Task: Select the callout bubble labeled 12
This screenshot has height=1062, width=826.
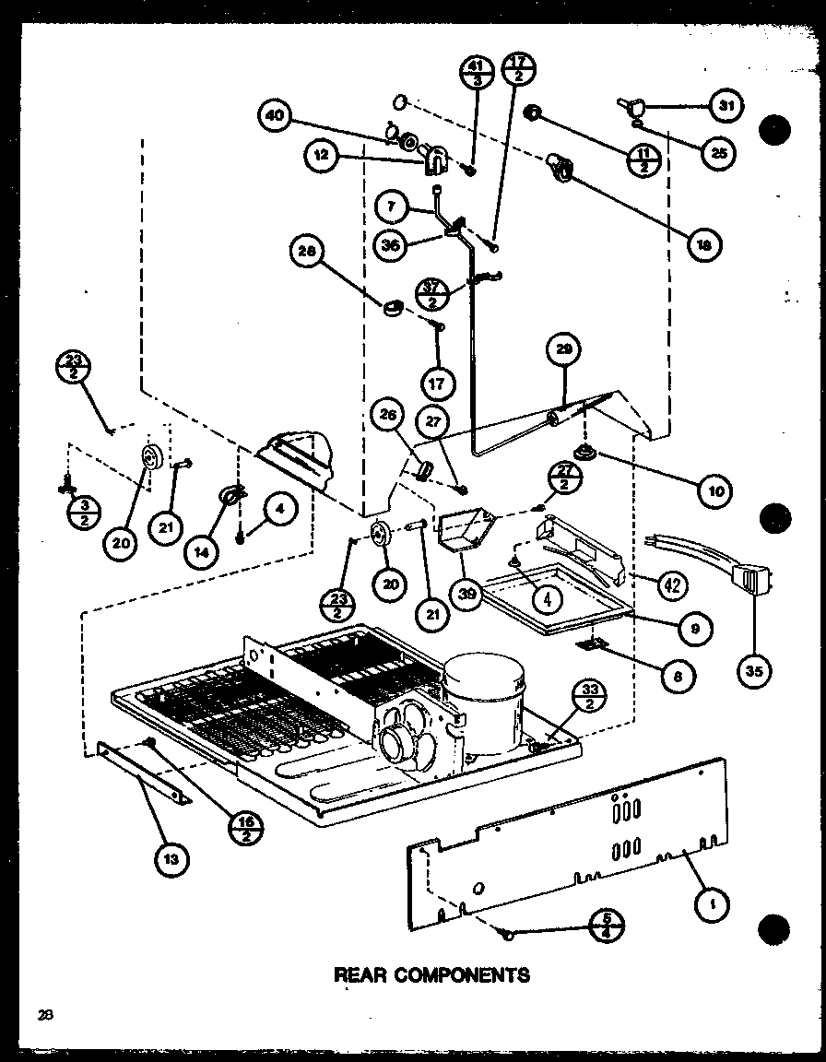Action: [x=322, y=157]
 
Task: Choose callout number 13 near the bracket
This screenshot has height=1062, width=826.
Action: [x=171, y=859]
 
